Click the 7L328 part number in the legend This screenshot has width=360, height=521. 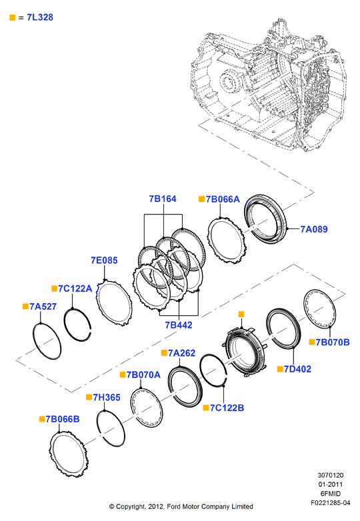[40, 17]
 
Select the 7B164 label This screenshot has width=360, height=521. [163, 199]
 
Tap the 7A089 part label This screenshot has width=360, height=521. [314, 229]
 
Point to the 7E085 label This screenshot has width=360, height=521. [105, 260]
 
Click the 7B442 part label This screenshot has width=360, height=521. [179, 325]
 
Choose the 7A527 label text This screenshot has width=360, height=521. [43, 306]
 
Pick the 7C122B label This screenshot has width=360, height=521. [227, 408]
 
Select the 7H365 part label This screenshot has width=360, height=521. [107, 397]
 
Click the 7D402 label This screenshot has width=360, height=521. [297, 369]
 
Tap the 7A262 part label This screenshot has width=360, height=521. [181, 353]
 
